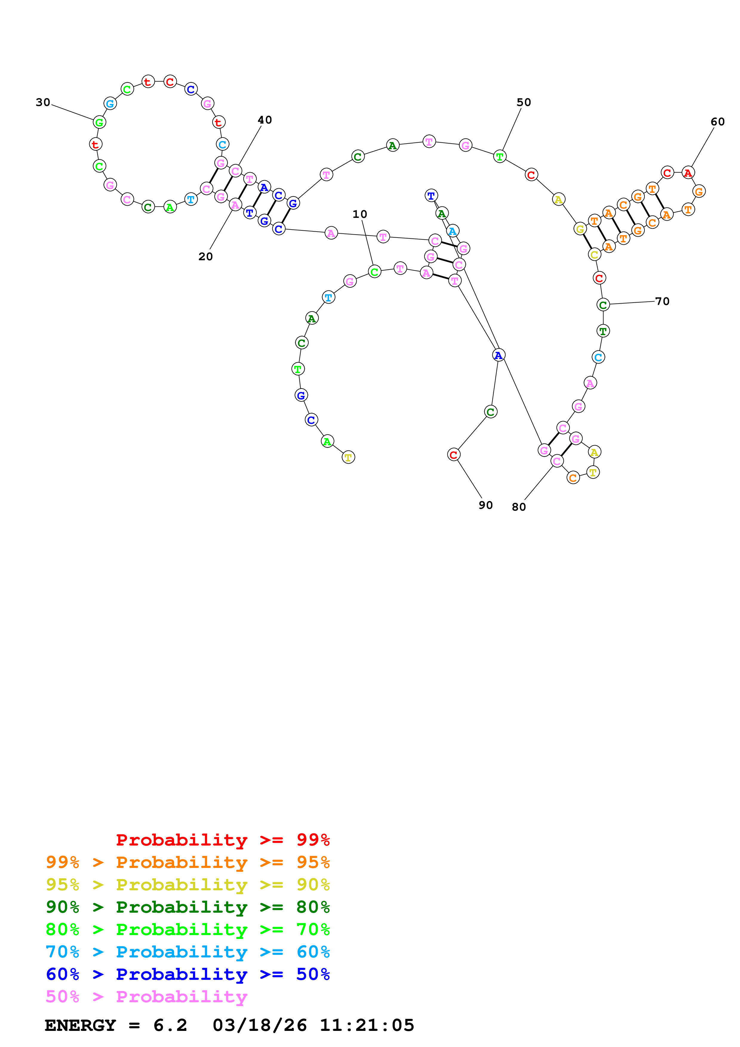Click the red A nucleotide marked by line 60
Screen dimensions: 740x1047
tap(688, 173)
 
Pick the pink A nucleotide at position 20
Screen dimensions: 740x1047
tap(235, 205)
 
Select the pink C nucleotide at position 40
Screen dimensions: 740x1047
tap(235, 171)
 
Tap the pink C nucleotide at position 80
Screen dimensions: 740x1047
tap(557, 461)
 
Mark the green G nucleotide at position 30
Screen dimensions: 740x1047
tap(99, 122)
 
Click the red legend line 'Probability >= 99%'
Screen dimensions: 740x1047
tap(223, 840)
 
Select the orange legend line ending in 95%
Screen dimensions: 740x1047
tap(188, 862)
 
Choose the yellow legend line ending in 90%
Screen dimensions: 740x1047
tap(188, 885)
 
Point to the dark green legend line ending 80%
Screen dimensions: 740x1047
tap(188, 907)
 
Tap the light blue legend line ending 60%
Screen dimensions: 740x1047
tap(188, 952)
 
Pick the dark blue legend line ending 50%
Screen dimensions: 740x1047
tap(188, 974)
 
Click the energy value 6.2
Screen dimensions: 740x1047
tap(170, 1025)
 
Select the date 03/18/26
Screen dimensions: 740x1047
tap(260, 1025)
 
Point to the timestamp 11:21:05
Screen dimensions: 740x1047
tap(367, 1025)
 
